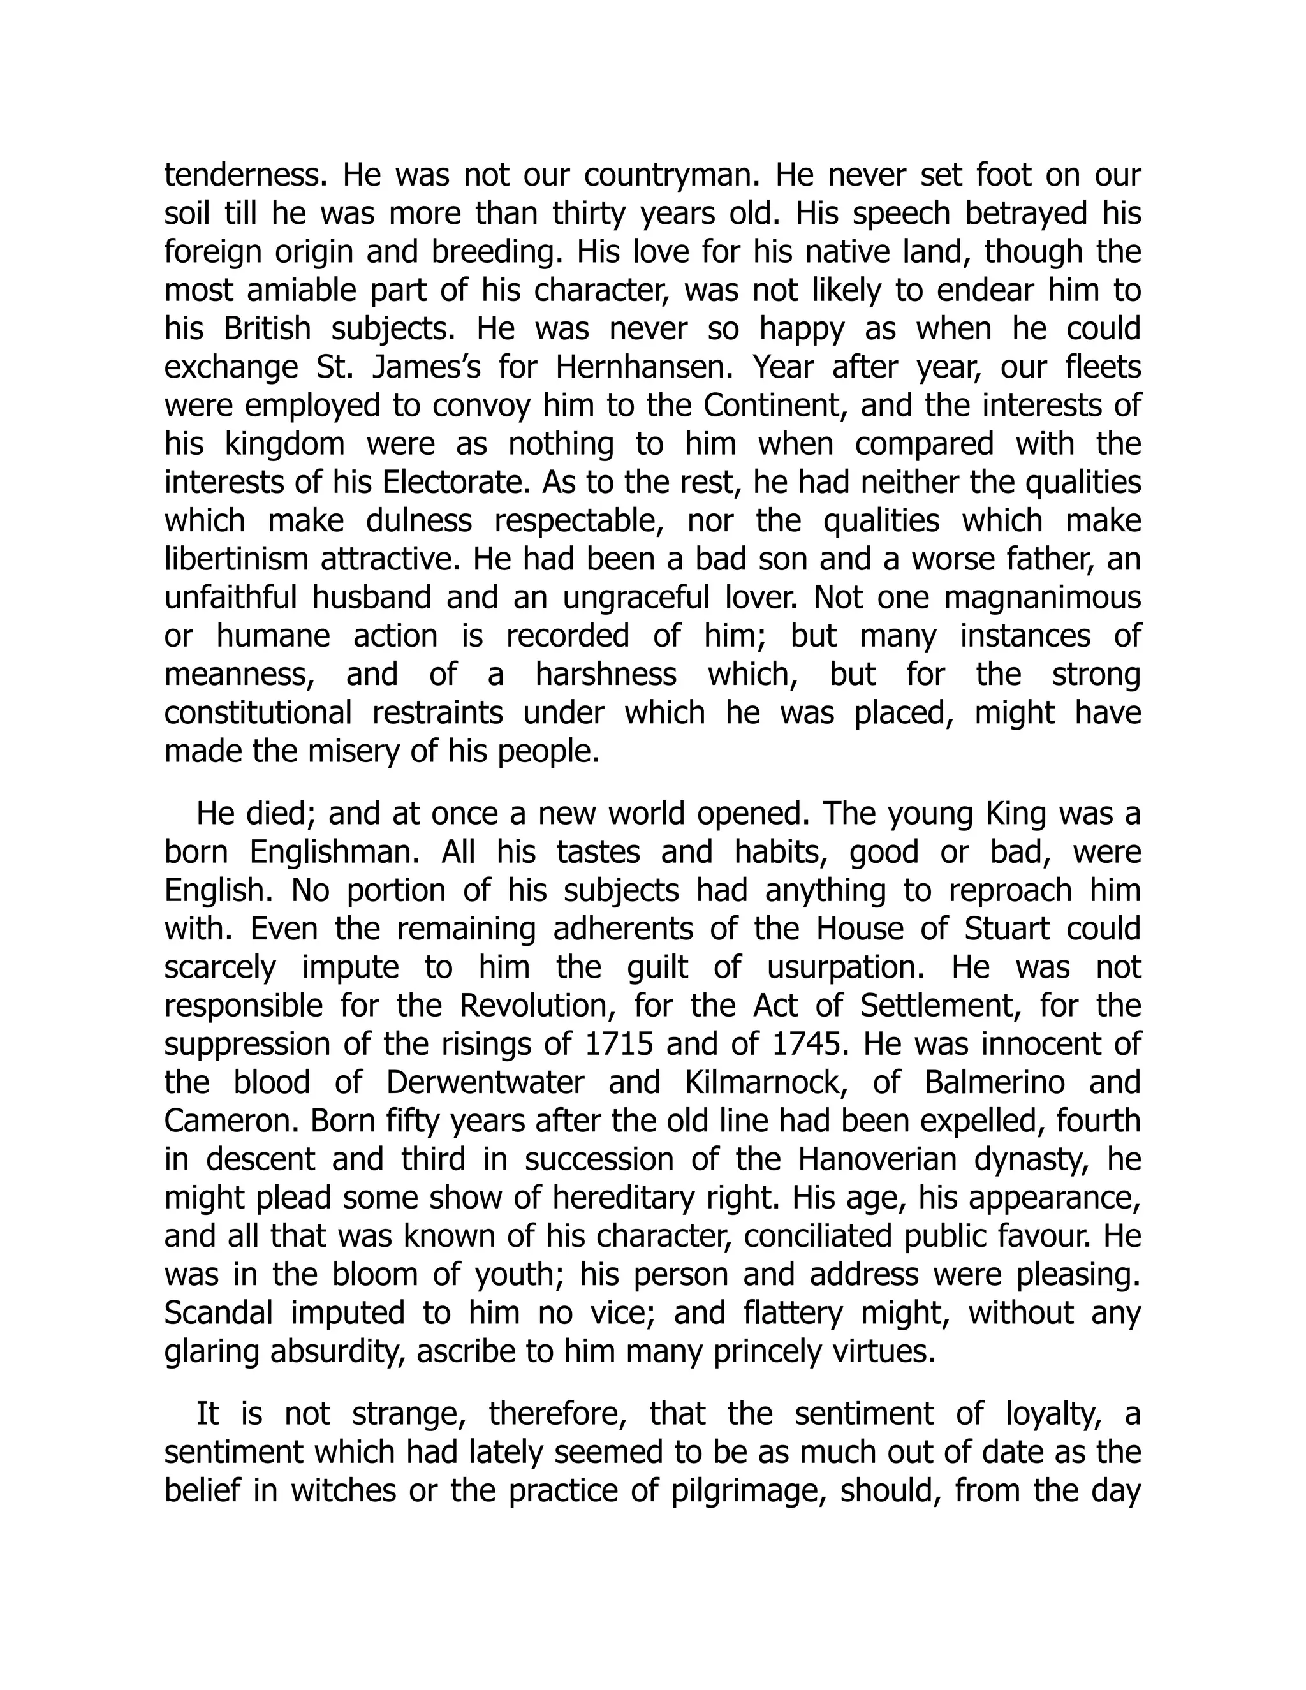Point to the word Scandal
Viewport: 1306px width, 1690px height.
218,1313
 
